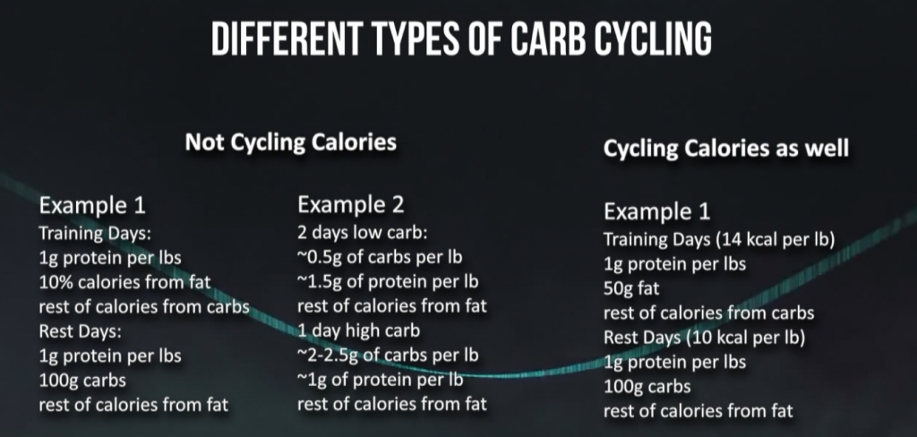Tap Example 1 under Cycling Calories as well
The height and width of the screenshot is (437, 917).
[x=657, y=212]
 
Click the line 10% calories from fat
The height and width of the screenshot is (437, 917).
[x=125, y=283]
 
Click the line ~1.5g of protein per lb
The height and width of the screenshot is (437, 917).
[x=388, y=282]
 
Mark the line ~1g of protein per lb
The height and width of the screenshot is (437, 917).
[x=381, y=380]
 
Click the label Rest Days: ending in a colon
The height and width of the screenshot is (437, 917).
[x=79, y=331]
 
